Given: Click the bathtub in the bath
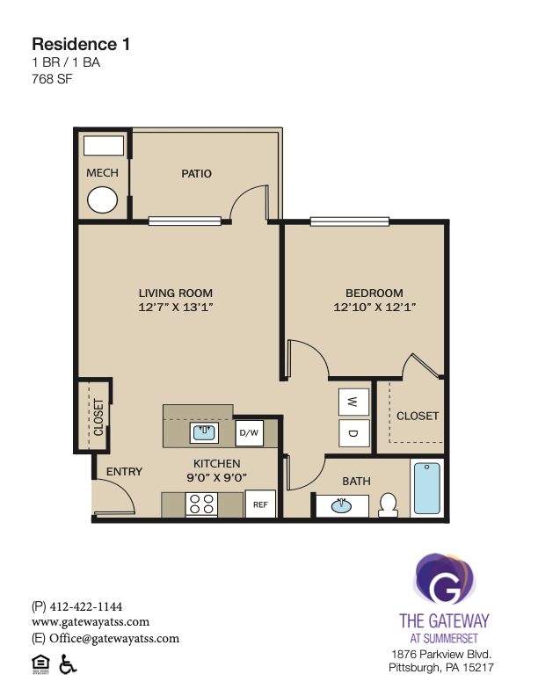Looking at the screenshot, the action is pos(427,489).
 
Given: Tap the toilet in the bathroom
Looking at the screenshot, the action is pos(388,504).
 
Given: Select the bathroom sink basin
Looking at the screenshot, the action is pos(341,505).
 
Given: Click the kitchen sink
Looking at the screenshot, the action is pos(204,432).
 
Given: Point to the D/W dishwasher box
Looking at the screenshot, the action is pos(249,432).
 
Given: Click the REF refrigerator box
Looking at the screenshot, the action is pos(260,504).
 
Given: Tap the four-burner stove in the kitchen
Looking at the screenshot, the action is pos(201,504).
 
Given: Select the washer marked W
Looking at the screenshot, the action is pos(353,402).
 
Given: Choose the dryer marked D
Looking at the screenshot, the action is pos(353,432).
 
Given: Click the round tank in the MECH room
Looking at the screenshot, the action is pos(103,199).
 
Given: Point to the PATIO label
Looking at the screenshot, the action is pos(196,173).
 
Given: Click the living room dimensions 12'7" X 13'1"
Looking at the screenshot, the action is pos(176,307).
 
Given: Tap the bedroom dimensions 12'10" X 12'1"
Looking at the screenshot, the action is pos(374,307).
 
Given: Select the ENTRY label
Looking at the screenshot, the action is pos(124,471).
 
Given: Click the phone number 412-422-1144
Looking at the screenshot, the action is pos(86,606).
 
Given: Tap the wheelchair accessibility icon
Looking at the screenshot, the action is pos(68,664).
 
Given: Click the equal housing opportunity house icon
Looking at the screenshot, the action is pos(40,664).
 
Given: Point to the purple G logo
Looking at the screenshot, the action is pos(444,579).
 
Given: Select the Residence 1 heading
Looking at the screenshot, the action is pos(81,45).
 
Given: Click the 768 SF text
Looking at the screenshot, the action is pos(52,79).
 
